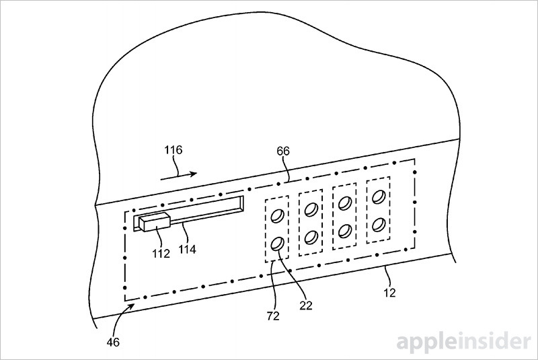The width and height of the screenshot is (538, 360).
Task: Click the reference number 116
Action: coord(174,150)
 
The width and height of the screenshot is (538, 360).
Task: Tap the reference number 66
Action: coord(283,151)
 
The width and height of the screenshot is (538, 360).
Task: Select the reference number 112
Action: coord(161,254)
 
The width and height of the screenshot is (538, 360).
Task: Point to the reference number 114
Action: coord(188,249)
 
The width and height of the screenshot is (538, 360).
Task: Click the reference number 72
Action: coord(273,316)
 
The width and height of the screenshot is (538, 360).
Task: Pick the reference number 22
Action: coord(306,305)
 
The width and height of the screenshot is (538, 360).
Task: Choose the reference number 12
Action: coord(389,293)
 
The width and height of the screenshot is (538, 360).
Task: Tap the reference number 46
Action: coord(113,342)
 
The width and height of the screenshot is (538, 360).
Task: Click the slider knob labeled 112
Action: coord(155,222)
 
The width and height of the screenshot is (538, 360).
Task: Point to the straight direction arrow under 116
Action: coord(179,176)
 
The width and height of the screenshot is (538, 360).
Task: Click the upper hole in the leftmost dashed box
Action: coord(277,216)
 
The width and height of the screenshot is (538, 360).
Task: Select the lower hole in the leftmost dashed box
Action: coord(277,244)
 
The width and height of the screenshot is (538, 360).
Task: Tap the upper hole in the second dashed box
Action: coord(311,209)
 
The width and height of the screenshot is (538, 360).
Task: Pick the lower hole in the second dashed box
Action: coord(311,237)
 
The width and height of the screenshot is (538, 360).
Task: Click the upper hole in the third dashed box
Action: coord(345,203)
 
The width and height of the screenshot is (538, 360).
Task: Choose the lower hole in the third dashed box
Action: coord(345,231)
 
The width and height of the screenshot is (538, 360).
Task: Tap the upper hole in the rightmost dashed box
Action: coord(379,197)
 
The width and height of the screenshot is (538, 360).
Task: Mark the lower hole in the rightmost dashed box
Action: coord(379,225)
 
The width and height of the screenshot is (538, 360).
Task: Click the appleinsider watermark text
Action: coord(464,341)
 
